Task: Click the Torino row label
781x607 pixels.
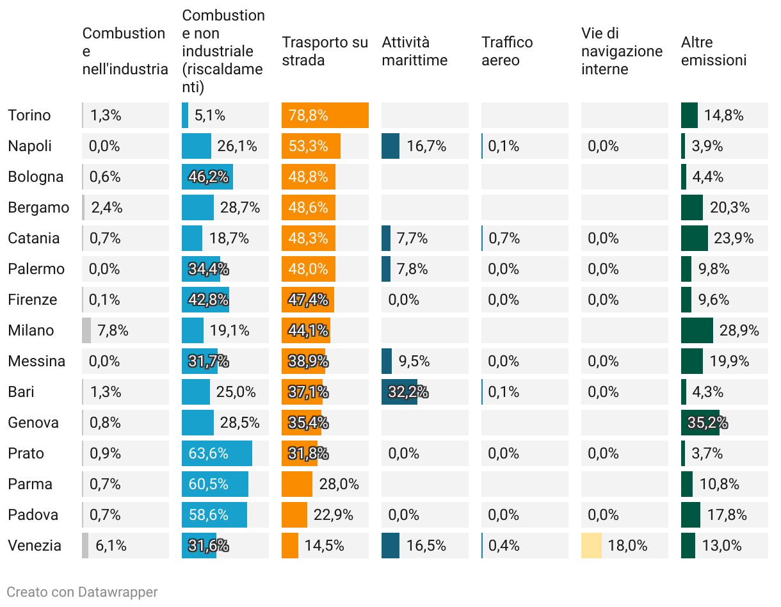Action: pyautogui.click(x=29, y=115)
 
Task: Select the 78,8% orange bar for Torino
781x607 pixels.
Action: pyautogui.click(x=325, y=115)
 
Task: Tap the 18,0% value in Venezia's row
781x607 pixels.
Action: pyautogui.click(x=627, y=546)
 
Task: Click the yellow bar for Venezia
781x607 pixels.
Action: pyautogui.click(x=591, y=546)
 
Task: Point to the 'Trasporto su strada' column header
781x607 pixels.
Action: pyautogui.click(x=325, y=51)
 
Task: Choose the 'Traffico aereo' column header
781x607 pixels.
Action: pyautogui.click(x=507, y=51)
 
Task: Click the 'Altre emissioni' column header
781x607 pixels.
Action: pyautogui.click(x=713, y=51)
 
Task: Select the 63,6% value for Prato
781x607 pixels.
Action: pyautogui.click(x=208, y=453)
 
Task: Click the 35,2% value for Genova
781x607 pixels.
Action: pyautogui.click(x=707, y=423)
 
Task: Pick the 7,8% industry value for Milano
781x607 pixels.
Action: pyautogui.click(x=113, y=330)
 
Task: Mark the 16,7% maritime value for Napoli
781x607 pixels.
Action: pyautogui.click(x=426, y=146)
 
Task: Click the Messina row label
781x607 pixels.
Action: pyautogui.click(x=36, y=361)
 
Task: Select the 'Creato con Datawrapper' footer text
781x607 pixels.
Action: pyautogui.click(x=82, y=592)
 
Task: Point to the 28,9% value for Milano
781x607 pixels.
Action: pyautogui.click(x=739, y=330)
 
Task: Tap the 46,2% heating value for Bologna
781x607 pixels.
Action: pyautogui.click(x=208, y=177)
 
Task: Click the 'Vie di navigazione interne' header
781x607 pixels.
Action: pyautogui.click(x=622, y=51)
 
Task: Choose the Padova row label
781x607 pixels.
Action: pyautogui.click(x=33, y=515)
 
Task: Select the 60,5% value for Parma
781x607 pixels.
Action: pyautogui.click(x=208, y=484)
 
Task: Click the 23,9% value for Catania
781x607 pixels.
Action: pyautogui.click(x=734, y=238)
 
